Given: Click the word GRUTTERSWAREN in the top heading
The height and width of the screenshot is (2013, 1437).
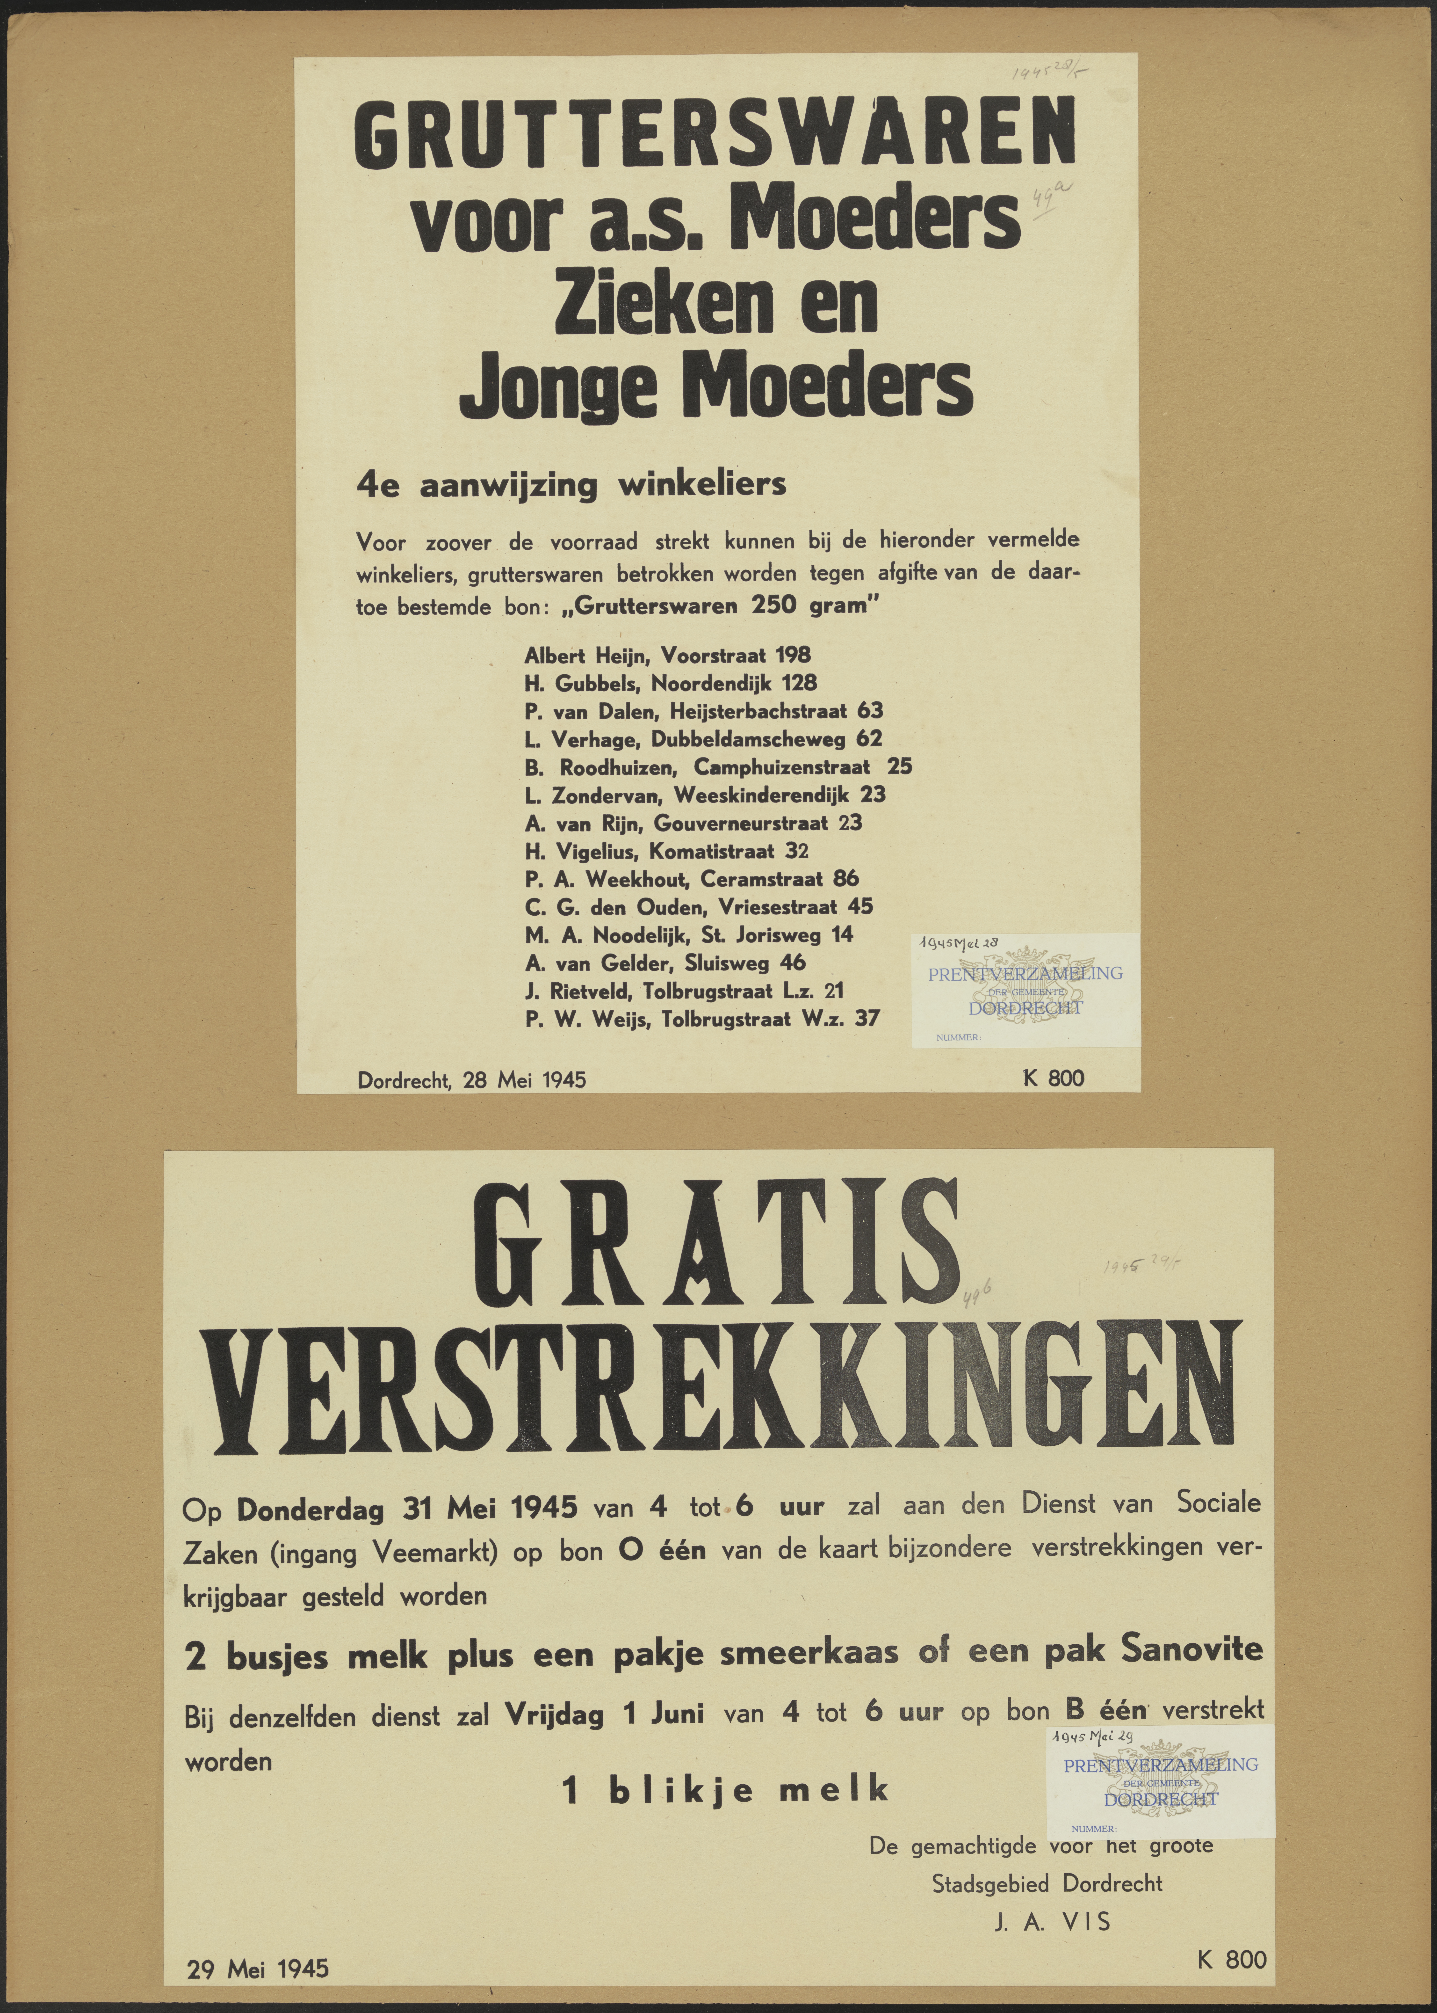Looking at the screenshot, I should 715,133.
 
